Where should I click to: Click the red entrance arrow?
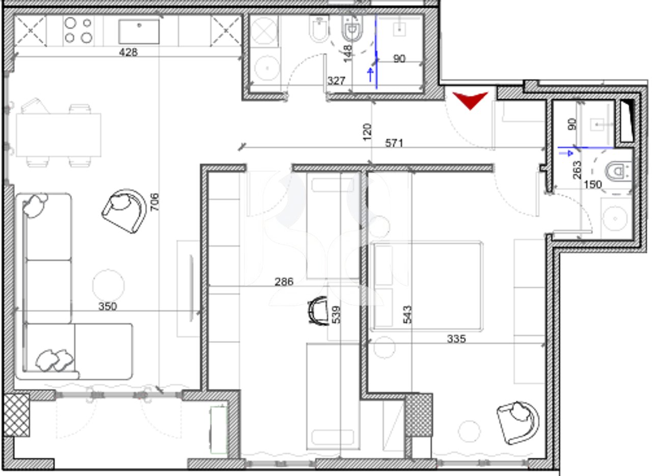[470, 99]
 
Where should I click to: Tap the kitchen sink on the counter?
[139, 32]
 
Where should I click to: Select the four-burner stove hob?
[78, 30]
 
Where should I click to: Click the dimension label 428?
[128, 51]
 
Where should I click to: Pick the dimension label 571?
[394, 143]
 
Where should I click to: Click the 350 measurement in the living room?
[107, 306]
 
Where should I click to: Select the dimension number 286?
[284, 281]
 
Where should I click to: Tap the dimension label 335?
[456, 338]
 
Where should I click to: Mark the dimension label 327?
[337, 81]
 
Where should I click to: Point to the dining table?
[58, 135]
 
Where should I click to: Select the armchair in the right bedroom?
[518, 421]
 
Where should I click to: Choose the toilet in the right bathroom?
[618, 168]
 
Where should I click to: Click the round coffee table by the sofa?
[108, 284]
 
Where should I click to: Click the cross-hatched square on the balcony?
[16, 415]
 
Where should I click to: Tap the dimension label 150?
[592, 184]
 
